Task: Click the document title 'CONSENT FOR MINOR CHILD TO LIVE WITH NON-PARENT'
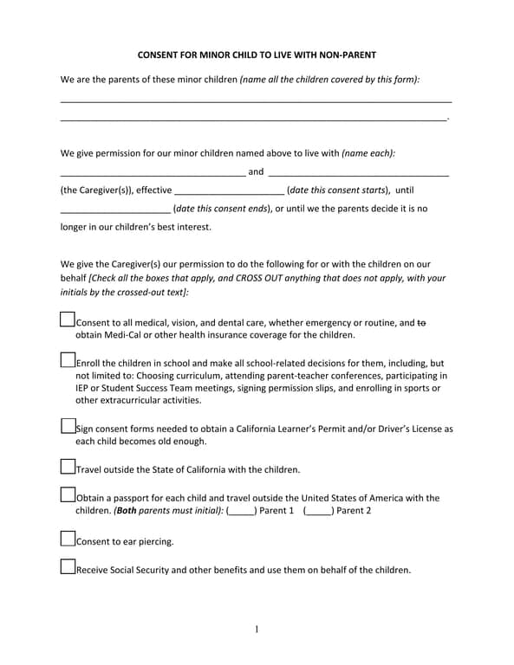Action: pyautogui.click(x=257, y=55)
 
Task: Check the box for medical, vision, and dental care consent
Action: pyautogui.click(x=68, y=320)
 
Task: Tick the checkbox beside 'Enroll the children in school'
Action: pyautogui.click(x=68, y=359)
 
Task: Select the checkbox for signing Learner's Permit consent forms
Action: pyautogui.click(x=68, y=425)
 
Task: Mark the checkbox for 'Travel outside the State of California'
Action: pyautogui.click(x=68, y=467)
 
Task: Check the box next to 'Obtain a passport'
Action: pyautogui.click(x=68, y=495)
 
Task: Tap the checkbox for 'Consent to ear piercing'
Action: pyautogui.click(x=68, y=539)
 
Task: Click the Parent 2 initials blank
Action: pyautogui.click(x=319, y=511)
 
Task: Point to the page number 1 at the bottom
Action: pyautogui.click(x=257, y=629)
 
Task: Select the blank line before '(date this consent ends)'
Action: pyautogui.click(x=115, y=210)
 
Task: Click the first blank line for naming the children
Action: pyautogui.click(x=257, y=101)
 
